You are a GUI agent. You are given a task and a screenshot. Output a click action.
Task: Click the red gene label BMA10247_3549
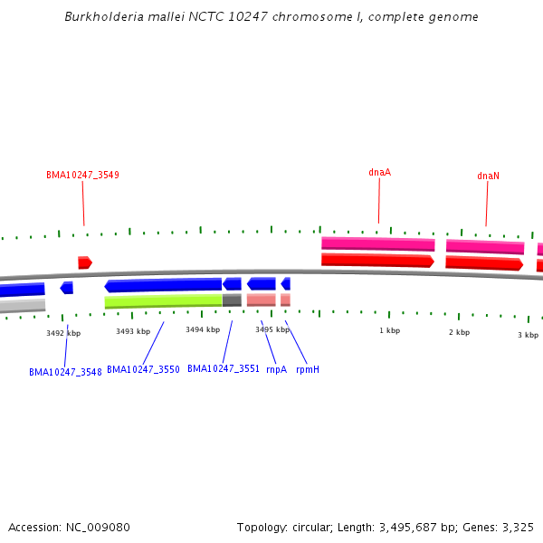pyautogui.click(x=82, y=175)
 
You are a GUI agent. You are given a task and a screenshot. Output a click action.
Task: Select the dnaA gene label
pyautogui.click(x=379, y=172)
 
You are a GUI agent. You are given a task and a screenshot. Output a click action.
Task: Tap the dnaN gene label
pyautogui.click(x=488, y=176)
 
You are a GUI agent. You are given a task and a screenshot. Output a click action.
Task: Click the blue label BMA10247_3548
pyautogui.click(x=65, y=372)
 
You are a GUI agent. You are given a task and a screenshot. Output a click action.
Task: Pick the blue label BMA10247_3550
pyautogui.click(x=143, y=369)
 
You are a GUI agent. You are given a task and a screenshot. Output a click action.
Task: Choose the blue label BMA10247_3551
pyautogui.click(x=224, y=369)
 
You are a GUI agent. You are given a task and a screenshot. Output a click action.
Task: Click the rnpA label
pyautogui.click(x=276, y=369)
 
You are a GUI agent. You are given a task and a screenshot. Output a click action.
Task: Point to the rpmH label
pyautogui.click(x=308, y=369)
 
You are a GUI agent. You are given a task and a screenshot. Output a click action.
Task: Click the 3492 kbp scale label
pyautogui.click(x=63, y=333)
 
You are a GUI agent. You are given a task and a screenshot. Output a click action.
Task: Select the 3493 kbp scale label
pyautogui.click(x=133, y=331)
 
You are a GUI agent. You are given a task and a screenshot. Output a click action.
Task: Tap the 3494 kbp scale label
pyautogui.click(x=203, y=329)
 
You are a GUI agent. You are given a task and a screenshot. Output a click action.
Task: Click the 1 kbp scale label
pyautogui.click(x=389, y=330)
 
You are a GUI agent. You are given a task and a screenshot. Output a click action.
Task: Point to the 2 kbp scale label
pyautogui.click(x=459, y=332)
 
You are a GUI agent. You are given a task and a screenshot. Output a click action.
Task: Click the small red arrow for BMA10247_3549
pyautogui.click(x=84, y=262)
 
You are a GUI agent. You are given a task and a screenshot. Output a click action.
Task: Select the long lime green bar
pyautogui.click(x=163, y=300)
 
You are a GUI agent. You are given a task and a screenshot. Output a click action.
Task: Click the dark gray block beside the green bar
pyautogui.click(x=232, y=300)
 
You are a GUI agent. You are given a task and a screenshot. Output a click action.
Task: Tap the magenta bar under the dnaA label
pyautogui.click(x=377, y=243)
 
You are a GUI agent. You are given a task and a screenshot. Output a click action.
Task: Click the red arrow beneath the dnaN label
pyautogui.click(x=483, y=263)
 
